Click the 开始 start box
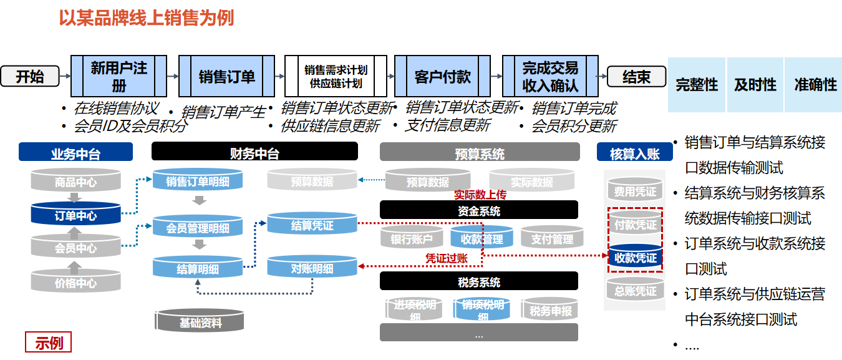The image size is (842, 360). point(30,76)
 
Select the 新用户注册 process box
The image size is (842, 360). point(119,76)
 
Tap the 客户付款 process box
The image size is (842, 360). point(442,76)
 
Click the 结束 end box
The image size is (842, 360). point(636,76)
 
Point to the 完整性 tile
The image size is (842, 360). point(697,85)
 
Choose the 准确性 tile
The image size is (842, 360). point(815,85)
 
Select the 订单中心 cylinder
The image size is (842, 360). point(75,216)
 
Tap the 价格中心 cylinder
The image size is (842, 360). point(75,283)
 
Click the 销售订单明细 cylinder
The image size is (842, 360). point(198,182)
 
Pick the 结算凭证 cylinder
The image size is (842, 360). point(312,225)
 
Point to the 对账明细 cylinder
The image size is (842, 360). point(312,269)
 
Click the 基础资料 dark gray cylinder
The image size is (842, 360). point(200,323)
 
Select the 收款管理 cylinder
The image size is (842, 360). point(481,238)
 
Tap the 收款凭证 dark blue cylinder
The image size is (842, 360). point(636,258)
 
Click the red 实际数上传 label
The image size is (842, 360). point(480,195)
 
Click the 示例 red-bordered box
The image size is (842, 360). point(49,343)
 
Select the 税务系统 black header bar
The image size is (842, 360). point(478,282)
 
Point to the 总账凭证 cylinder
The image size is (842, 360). point(636,291)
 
